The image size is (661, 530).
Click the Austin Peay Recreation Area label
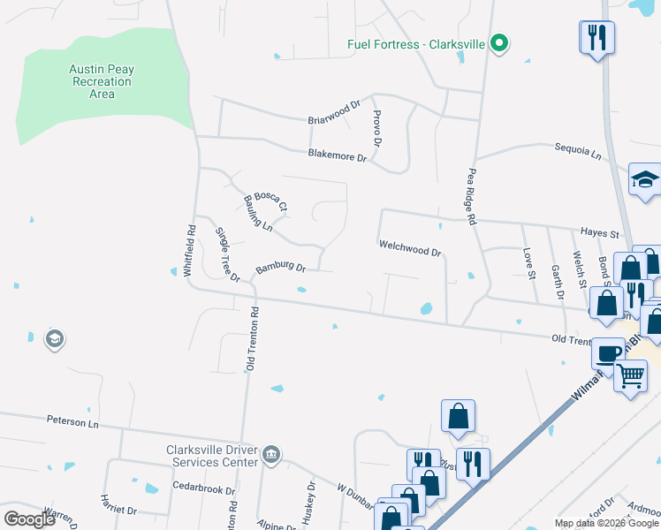[x=103, y=81]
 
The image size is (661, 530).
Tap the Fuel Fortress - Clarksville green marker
[x=499, y=42]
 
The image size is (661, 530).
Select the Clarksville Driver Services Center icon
[x=271, y=455]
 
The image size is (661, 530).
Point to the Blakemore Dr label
[x=337, y=155]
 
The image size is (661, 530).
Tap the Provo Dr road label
[x=376, y=129]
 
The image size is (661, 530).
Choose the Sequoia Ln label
[x=577, y=153]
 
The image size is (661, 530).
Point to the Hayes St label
[x=600, y=232]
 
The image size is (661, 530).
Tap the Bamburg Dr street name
[x=280, y=267]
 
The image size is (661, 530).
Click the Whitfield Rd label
[x=189, y=252]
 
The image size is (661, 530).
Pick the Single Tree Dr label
[x=227, y=254]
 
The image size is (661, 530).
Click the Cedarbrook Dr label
[x=204, y=487]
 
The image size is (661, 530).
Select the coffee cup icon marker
[x=607, y=352]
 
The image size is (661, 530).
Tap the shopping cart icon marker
[x=630, y=375]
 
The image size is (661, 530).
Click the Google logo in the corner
[x=29, y=519]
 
